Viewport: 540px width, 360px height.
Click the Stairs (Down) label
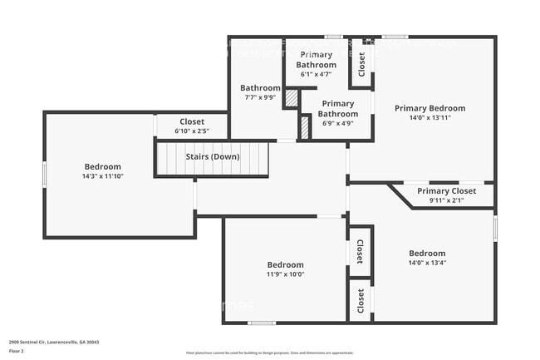coord(213,157)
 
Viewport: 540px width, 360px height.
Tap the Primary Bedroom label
coord(430,108)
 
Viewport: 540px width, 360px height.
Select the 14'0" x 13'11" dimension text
coord(430,118)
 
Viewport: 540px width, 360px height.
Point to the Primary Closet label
coord(446,190)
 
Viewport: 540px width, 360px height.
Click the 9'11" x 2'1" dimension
coord(446,200)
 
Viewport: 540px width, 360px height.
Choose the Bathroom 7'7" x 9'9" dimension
coord(260,97)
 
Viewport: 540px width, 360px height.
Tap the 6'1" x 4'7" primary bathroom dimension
coord(317,74)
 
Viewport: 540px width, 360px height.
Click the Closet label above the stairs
coord(191,121)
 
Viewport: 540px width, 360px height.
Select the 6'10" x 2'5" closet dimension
coord(191,131)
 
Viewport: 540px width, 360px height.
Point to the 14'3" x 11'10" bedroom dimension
coord(102,176)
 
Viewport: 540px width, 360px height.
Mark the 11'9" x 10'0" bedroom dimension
coord(285,274)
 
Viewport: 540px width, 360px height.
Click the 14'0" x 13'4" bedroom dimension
coord(427,263)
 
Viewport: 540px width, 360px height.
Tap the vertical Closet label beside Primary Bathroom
coord(361,65)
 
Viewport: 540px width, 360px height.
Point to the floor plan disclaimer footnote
coord(269,353)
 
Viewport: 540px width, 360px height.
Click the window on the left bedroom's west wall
coord(45,174)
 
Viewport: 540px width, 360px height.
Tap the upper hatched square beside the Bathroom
coord(292,97)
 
